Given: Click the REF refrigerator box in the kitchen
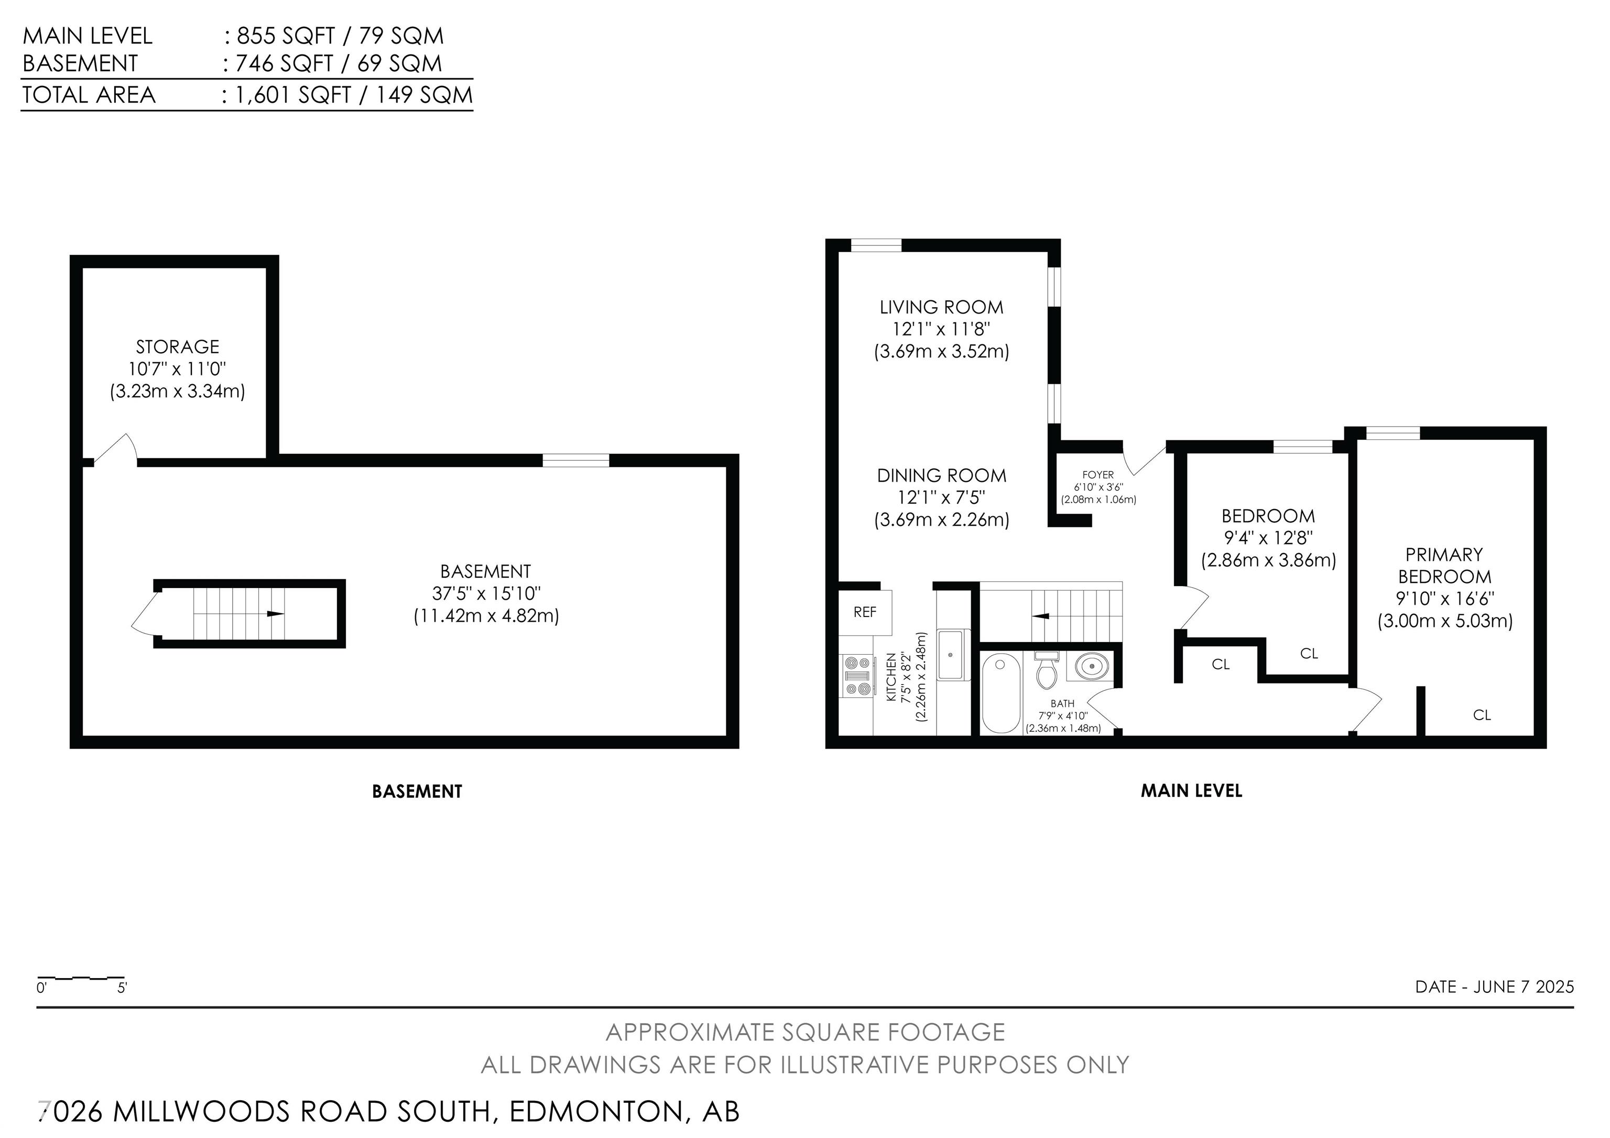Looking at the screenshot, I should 865,612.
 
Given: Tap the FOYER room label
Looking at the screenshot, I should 1097,475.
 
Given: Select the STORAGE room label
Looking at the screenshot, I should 178,346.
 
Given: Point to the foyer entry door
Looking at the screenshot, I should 1143,459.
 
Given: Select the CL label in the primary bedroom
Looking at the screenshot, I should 1482,715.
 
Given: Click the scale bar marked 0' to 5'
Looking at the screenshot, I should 81,978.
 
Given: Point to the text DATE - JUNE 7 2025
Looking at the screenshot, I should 1494,987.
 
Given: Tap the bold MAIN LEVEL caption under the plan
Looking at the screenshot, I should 1191,791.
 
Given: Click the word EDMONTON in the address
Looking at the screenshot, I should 595,1111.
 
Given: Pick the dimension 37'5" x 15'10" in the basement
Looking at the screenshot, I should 486,593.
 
